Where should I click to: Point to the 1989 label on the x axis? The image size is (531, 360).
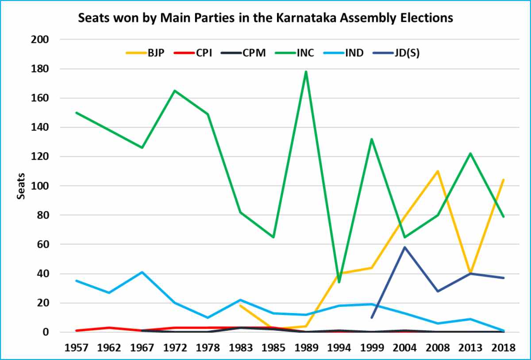306,347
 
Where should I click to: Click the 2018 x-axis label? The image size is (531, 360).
504,347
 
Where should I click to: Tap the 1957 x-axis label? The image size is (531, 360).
76,347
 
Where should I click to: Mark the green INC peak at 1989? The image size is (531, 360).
306,72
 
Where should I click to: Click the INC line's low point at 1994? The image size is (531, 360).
339,282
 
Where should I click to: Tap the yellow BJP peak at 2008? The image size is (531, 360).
438,171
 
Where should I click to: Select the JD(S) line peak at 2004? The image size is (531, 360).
405,247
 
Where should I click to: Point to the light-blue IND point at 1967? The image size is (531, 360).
142,272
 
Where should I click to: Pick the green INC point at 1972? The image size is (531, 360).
175,91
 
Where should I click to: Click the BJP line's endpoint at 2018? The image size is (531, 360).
504,180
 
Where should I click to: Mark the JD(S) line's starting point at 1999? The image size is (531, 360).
372,318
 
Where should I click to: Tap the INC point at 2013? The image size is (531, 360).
470,153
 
